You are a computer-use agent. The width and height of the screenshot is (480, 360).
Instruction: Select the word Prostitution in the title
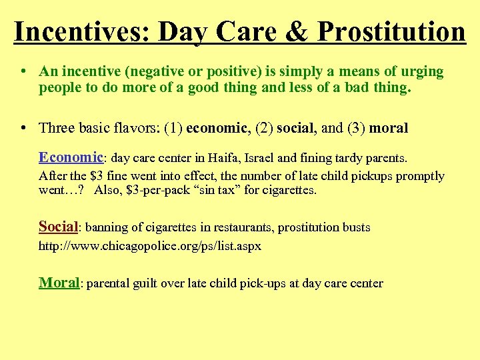click(391, 31)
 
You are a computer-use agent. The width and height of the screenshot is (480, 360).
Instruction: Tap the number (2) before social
click(265, 127)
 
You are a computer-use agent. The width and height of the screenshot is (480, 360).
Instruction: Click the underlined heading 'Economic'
click(71, 157)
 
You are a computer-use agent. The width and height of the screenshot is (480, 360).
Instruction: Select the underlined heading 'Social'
click(59, 226)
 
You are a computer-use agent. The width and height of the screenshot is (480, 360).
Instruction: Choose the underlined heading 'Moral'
click(59, 282)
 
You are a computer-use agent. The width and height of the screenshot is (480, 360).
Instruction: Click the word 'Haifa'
click(221, 159)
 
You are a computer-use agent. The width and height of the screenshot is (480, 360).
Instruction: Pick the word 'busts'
click(355, 227)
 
